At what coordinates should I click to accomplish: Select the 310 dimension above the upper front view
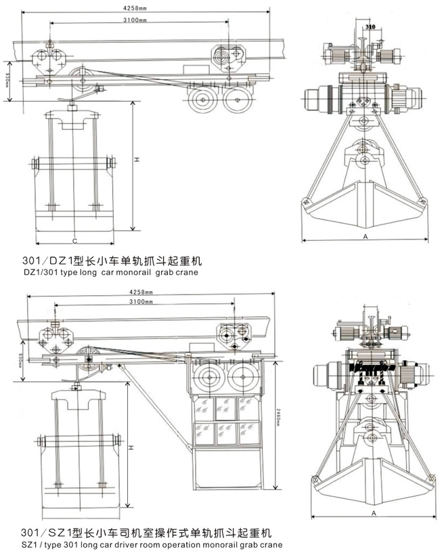point(370,26)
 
